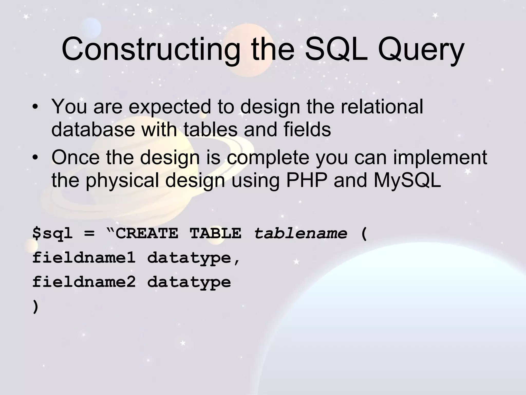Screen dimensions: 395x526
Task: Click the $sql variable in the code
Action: click(53, 234)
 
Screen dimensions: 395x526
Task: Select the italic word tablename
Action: click(300, 234)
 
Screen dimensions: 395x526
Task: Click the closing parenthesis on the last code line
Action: click(36, 307)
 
